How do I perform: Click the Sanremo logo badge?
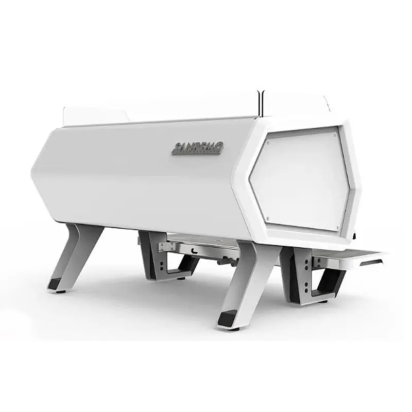(198, 148)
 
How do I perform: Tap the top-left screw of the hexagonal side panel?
(267, 144)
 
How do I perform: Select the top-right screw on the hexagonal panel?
(334, 134)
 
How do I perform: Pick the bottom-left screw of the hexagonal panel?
(267, 218)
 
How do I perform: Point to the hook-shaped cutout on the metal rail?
(194, 251)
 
